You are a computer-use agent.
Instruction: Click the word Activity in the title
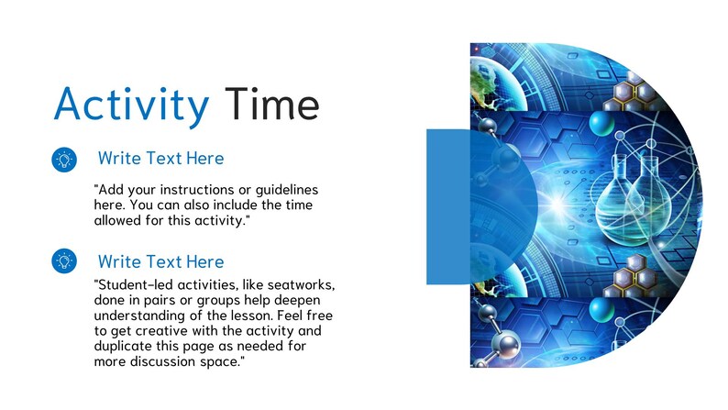[x=131, y=104]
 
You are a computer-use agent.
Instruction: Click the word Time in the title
[x=272, y=104]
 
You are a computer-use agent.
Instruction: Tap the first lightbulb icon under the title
[x=63, y=160]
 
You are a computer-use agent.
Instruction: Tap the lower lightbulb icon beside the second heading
[x=63, y=261]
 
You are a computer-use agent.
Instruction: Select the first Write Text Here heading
[x=160, y=159]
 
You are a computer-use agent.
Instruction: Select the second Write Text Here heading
[x=160, y=261]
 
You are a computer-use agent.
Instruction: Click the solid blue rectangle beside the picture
[x=447, y=206]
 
